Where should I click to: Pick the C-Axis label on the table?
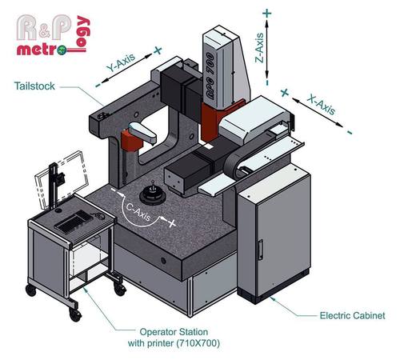[140, 207]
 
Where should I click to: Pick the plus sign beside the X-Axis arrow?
[283, 93]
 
